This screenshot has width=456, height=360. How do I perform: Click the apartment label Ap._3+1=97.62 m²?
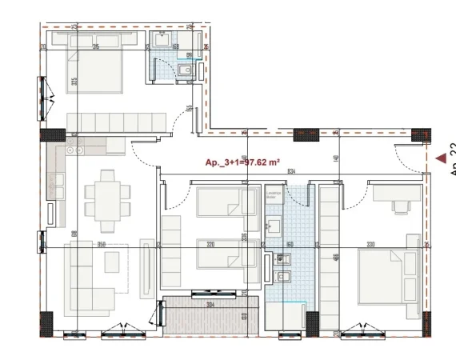(242, 162)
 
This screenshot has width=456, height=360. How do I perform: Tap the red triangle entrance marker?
(440, 158)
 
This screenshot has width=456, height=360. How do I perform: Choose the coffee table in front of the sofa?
(111, 262)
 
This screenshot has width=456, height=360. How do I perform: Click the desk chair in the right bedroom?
(398, 206)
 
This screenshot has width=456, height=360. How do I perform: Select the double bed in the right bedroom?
(386, 276)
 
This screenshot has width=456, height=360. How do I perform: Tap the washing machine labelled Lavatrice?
(274, 198)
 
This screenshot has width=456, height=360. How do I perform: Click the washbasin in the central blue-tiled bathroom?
(274, 226)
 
